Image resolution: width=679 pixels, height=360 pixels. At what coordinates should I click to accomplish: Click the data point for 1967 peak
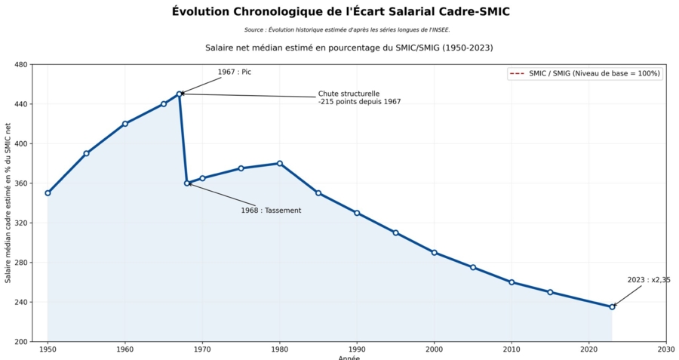pos(180,94)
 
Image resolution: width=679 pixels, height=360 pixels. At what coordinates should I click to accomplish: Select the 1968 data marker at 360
pos(187,183)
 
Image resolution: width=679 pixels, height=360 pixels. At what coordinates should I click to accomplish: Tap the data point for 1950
pos(48,193)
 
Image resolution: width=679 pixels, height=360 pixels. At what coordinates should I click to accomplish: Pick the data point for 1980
pos(280,163)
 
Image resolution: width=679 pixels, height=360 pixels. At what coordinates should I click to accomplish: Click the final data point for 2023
pos(612,306)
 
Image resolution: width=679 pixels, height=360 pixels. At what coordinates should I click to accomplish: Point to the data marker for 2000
pos(435,252)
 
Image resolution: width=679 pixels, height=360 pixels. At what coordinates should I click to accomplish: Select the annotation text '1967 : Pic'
pos(234,72)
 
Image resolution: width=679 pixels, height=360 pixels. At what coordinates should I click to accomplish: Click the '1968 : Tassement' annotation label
pos(271,211)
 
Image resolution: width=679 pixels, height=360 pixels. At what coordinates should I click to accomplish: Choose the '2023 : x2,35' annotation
pos(649,280)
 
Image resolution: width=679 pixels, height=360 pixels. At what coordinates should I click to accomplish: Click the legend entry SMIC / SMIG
pos(585,73)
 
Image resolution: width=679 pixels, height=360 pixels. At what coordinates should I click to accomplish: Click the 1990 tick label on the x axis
pos(357,349)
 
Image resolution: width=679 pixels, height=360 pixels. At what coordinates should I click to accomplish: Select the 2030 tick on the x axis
pos(666,349)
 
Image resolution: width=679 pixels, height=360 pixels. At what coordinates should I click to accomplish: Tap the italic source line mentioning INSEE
pos(347,30)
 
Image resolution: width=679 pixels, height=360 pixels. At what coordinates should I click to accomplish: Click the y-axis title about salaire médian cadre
pos(8,202)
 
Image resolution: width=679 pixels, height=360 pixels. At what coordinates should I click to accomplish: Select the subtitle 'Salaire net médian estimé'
pos(349,48)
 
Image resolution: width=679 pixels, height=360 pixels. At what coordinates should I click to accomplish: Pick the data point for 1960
pos(125,124)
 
